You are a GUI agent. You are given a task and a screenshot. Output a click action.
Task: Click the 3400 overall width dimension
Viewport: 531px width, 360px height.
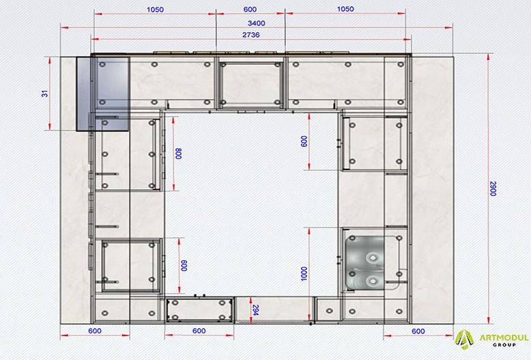(257, 23)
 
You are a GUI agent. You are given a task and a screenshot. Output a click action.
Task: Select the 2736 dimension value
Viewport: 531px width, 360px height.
(251, 35)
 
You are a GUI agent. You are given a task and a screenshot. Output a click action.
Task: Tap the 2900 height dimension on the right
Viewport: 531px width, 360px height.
(493, 189)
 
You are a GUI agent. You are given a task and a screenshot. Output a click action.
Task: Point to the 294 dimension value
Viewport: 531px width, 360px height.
(255, 310)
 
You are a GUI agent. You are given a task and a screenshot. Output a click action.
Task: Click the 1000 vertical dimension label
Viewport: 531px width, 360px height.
(304, 273)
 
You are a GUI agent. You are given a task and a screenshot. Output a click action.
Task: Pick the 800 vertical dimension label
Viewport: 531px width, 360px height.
(178, 153)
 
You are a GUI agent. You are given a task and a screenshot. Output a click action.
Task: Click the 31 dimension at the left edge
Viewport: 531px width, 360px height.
(44, 94)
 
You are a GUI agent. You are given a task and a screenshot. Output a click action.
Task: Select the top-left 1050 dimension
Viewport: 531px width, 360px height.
(155, 10)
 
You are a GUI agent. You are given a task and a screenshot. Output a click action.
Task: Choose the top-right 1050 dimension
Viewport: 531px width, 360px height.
(345, 9)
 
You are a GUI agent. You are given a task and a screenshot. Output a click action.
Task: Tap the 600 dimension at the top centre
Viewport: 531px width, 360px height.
(250, 9)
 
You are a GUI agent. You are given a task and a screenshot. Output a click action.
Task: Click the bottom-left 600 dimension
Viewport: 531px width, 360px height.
(94, 331)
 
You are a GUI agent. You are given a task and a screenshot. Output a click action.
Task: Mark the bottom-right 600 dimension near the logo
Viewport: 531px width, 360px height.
(418, 331)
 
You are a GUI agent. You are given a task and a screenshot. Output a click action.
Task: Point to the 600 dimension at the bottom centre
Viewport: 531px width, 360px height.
(199, 331)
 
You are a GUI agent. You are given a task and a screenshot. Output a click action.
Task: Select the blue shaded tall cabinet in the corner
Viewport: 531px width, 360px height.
(103, 94)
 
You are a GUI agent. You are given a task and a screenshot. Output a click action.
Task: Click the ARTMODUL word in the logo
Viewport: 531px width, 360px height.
(504, 337)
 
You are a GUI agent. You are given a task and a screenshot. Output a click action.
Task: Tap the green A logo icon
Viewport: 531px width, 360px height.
(464, 339)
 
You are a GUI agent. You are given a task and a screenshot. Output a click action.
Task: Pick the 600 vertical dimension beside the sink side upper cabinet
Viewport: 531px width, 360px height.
(304, 141)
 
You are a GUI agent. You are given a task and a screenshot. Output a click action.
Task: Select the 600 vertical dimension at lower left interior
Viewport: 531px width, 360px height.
(184, 266)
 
